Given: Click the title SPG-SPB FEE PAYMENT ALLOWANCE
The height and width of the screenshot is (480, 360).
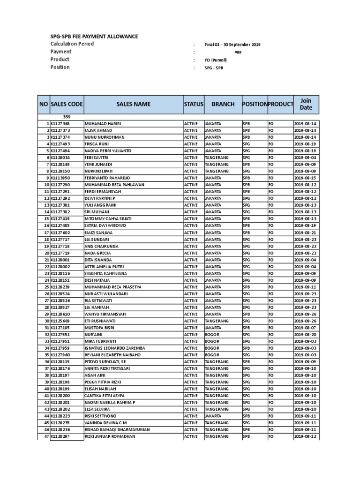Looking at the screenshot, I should [x=94, y=36].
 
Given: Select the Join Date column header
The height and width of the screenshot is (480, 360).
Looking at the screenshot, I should [x=306, y=104].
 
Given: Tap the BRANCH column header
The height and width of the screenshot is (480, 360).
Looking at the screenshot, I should [x=223, y=104].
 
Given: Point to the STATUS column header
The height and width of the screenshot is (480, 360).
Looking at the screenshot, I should [x=194, y=104].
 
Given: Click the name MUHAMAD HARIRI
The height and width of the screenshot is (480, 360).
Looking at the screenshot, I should [x=103, y=124].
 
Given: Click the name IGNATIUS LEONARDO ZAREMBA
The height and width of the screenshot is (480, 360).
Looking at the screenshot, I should [x=115, y=348].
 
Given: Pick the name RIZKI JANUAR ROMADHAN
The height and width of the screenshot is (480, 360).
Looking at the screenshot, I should [x=109, y=436].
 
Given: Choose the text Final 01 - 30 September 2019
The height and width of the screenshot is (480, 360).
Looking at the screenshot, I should [x=232, y=45].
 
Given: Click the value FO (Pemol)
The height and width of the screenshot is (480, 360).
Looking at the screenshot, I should [x=216, y=60].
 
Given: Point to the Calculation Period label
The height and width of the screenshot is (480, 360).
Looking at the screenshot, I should [x=72, y=44].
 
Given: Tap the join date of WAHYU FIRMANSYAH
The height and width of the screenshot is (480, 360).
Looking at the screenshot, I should [x=305, y=314].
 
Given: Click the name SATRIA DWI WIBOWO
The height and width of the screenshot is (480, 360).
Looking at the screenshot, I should [x=105, y=226].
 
